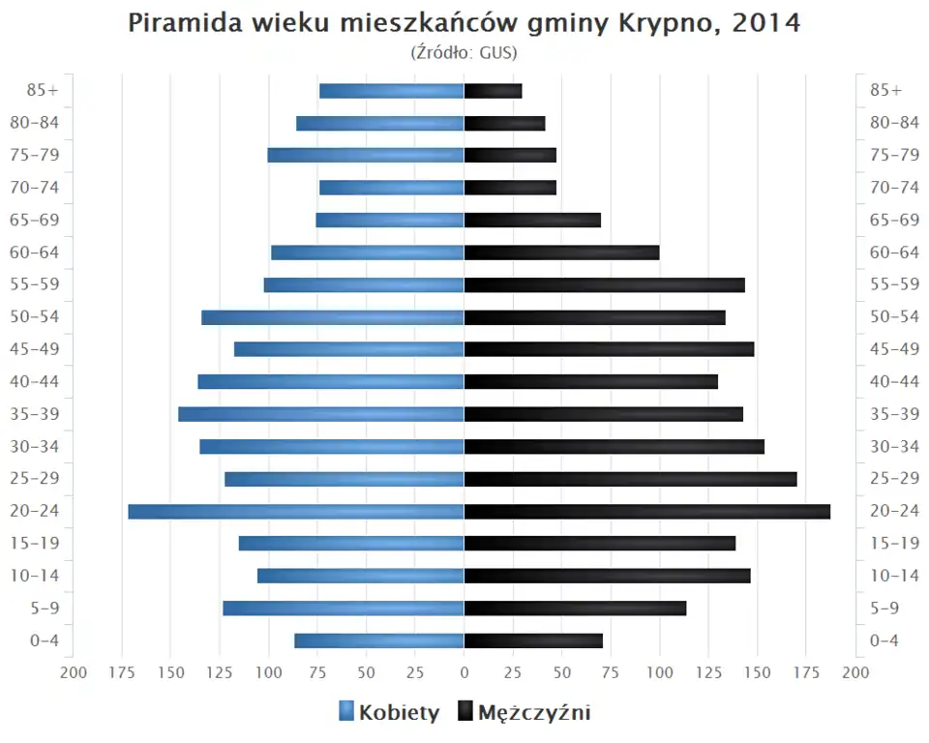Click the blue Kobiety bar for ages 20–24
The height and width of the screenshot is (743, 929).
(x=296, y=511)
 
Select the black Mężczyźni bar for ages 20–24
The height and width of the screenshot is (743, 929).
(x=646, y=511)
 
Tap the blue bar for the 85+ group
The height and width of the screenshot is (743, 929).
(x=392, y=91)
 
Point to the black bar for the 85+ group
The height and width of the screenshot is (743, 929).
(x=493, y=91)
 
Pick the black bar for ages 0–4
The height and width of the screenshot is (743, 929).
(x=533, y=640)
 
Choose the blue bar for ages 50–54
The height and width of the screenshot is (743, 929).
(x=333, y=317)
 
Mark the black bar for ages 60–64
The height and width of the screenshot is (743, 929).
(x=561, y=253)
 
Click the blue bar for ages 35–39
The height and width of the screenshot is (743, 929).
(x=321, y=414)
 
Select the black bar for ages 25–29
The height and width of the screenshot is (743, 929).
(x=630, y=479)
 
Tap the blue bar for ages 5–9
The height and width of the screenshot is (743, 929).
(x=344, y=608)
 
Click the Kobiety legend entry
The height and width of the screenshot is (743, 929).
(x=389, y=713)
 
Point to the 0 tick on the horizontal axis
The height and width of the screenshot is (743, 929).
(x=464, y=672)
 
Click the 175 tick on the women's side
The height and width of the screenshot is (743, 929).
(x=122, y=672)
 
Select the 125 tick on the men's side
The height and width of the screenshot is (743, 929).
(x=708, y=672)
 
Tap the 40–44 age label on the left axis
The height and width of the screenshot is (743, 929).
(x=35, y=381)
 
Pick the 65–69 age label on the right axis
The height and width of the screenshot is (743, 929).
(x=894, y=220)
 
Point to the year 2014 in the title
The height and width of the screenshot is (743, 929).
(x=767, y=24)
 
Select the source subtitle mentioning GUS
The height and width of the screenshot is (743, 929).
(x=464, y=51)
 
